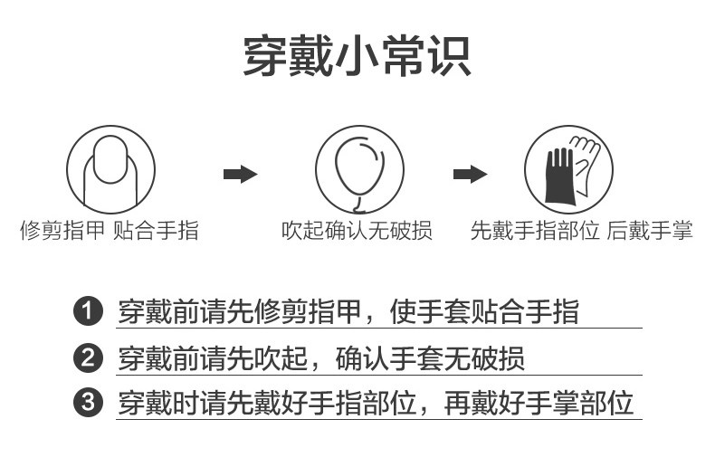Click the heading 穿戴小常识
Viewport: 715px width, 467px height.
(x=357, y=56)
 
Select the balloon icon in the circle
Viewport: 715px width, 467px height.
(x=358, y=169)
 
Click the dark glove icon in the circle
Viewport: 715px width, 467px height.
(x=568, y=169)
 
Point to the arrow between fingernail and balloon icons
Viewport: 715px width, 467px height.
(x=240, y=174)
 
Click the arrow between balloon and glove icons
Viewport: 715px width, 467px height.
(x=470, y=174)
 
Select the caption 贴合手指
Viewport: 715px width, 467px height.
(x=155, y=231)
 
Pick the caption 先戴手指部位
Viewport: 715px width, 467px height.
(x=535, y=231)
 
